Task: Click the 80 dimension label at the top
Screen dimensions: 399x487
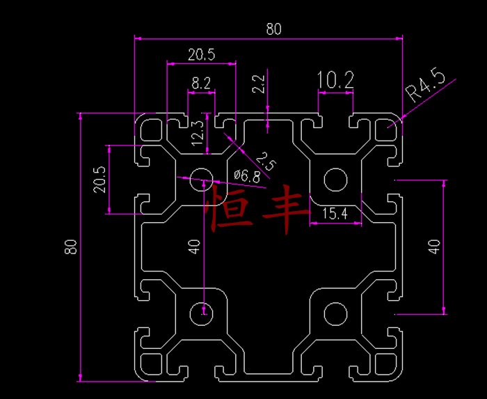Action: pyautogui.click(x=273, y=29)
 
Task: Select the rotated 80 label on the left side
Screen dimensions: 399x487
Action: pyautogui.click(x=70, y=247)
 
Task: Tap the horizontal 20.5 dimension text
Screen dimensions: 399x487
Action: pyautogui.click(x=201, y=54)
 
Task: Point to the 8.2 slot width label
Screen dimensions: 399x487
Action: pyautogui.click(x=201, y=84)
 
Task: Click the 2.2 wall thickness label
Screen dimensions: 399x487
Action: pyautogui.click(x=259, y=84)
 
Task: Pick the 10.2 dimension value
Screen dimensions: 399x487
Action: pyautogui.click(x=335, y=81)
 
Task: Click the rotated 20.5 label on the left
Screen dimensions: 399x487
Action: pyautogui.click(x=99, y=179)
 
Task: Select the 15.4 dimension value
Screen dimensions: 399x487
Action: pyautogui.click(x=335, y=214)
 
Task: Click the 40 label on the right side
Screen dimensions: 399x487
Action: pyautogui.click(x=433, y=247)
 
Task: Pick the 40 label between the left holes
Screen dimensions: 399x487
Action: pyautogui.click(x=194, y=247)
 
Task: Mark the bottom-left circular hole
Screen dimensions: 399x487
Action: pyautogui.click(x=202, y=313)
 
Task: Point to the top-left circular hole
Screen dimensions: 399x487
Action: pyautogui.click(x=202, y=177)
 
